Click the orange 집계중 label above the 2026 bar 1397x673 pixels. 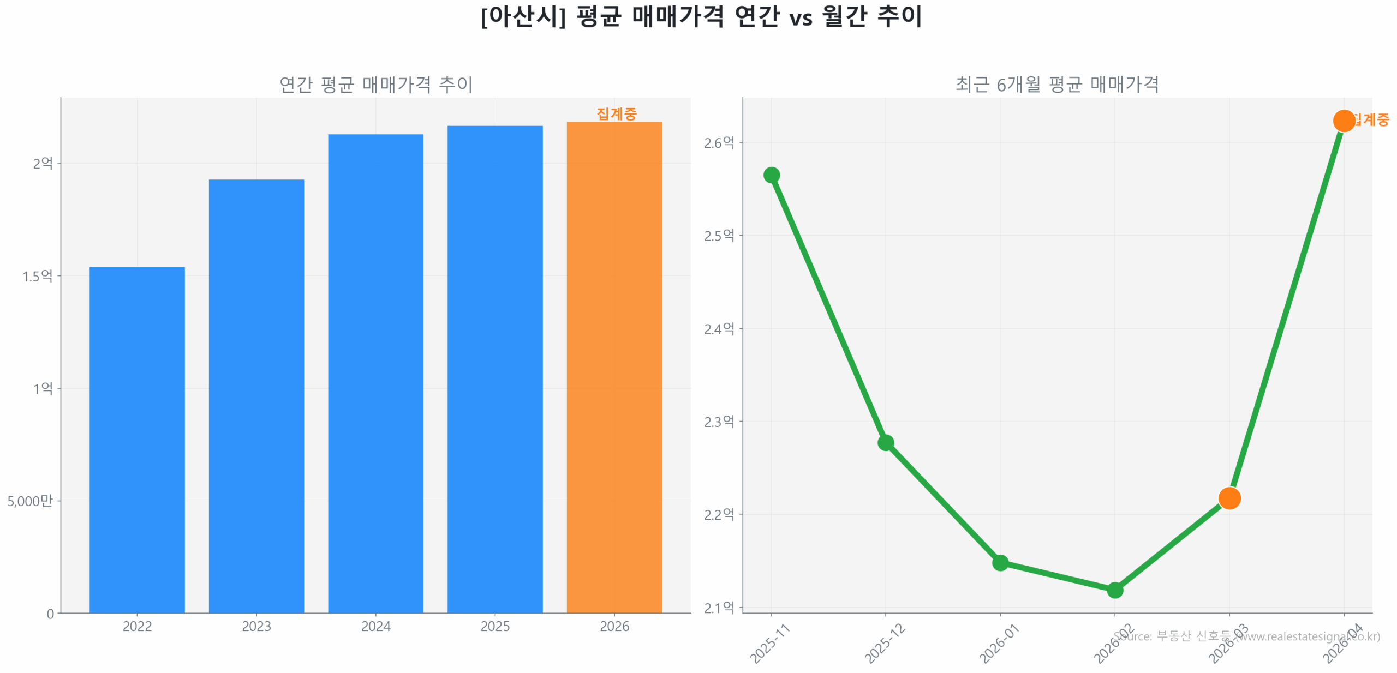coord(616,113)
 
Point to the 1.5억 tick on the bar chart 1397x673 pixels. coord(37,276)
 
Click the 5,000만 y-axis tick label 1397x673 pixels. coord(30,501)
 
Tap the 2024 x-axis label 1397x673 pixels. coord(375,626)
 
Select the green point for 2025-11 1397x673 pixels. coord(771,175)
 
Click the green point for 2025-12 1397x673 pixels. coord(885,442)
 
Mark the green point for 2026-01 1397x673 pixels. coord(1000,562)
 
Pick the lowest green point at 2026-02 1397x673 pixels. coord(1114,590)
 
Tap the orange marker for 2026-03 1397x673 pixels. coord(1229,498)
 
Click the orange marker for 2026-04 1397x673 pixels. coord(1344,121)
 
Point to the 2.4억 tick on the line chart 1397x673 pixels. coord(719,328)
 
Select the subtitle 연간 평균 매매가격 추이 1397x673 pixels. coord(376,85)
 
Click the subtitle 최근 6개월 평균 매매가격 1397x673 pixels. coord(1057,85)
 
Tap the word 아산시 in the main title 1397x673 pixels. coord(523,16)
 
